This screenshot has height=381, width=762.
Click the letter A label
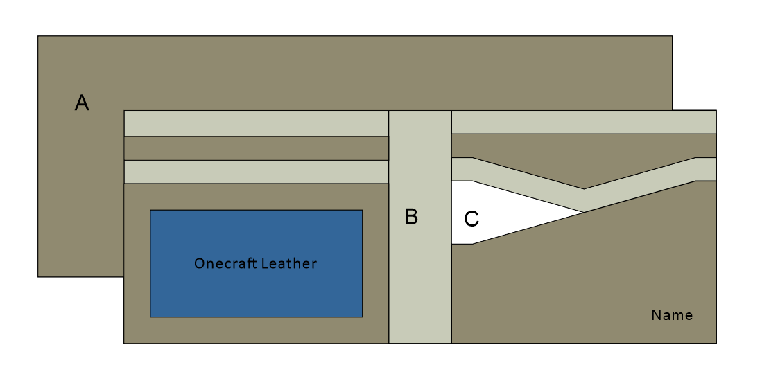(x=82, y=103)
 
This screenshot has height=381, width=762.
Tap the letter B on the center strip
(x=411, y=217)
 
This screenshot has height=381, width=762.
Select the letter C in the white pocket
(x=471, y=219)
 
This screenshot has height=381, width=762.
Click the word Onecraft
(x=224, y=263)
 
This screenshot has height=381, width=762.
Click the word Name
(x=672, y=315)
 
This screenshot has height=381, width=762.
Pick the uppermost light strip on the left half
(x=256, y=123)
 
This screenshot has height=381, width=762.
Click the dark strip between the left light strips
(x=256, y=148)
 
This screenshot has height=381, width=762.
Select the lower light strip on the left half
(x=256, y=172)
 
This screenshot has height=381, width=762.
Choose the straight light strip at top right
(x=583, y=121)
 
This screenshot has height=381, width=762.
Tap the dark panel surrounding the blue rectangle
(x=256, y=331)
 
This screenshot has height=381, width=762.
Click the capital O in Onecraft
(x=199, y=263)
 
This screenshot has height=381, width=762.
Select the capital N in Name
(x=656, y=315)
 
